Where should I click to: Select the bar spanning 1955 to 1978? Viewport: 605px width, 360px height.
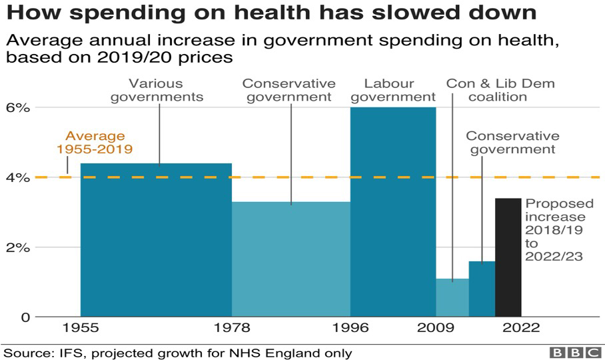(x=156, y=240)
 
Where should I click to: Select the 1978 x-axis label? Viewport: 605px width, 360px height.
(x=232, y=328)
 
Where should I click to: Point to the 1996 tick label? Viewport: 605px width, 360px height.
(x=350, y=328)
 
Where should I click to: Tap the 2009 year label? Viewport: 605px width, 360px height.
(x=436, y=328)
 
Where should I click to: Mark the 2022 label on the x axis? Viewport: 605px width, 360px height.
(x=521, y=328)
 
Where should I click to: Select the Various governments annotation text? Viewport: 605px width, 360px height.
(x=156, y=90)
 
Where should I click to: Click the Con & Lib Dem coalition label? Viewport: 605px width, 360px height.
(x=500, y=90)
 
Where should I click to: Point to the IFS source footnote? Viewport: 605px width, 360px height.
(x=177, y=352)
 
